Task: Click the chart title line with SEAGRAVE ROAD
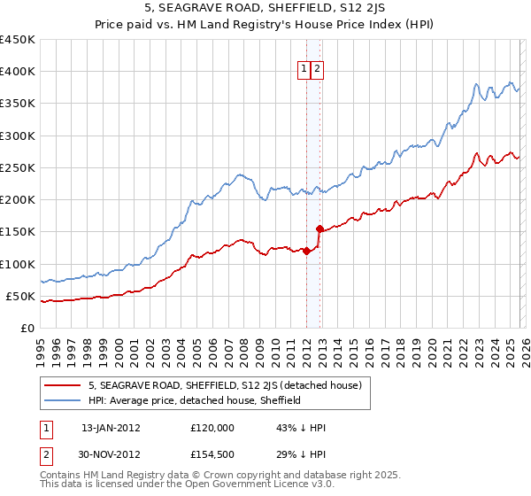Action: tap(265, 10)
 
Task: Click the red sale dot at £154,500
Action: tap(319, 229)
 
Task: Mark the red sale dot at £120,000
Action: tap(306, 251)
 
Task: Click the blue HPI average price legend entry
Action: tap(195, 400)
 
